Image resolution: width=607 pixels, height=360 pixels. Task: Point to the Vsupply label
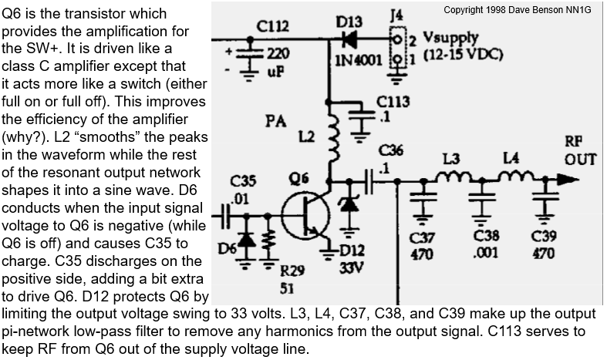[451, 37]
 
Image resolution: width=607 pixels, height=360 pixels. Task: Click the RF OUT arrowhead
[569, 178]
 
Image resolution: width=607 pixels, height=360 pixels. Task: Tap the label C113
[393, 101]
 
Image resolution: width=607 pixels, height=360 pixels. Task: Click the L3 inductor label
[452, 159]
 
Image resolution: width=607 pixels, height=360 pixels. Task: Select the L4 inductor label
[510, 159]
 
